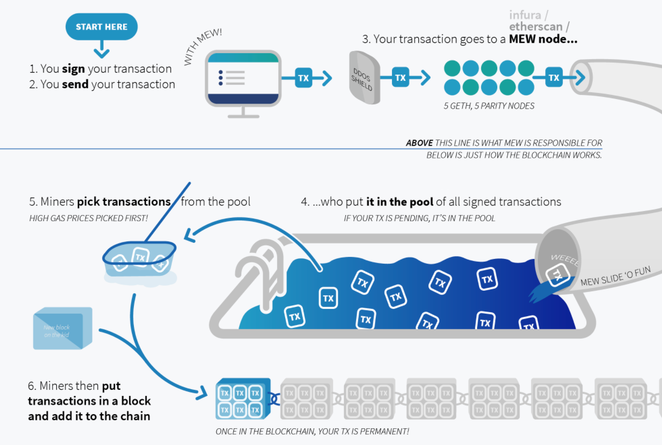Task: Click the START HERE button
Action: click(101, 27)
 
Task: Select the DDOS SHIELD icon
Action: click(364, 77)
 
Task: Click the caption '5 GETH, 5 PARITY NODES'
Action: click(489, 106)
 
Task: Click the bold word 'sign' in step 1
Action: click(73, 69)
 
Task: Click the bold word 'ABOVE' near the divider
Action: click(419, 143)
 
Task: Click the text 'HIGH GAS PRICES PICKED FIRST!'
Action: click(89, 218)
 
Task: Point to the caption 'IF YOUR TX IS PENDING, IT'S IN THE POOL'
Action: click(420, 218)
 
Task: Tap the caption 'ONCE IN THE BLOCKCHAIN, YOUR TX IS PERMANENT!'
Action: click(312, 431)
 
